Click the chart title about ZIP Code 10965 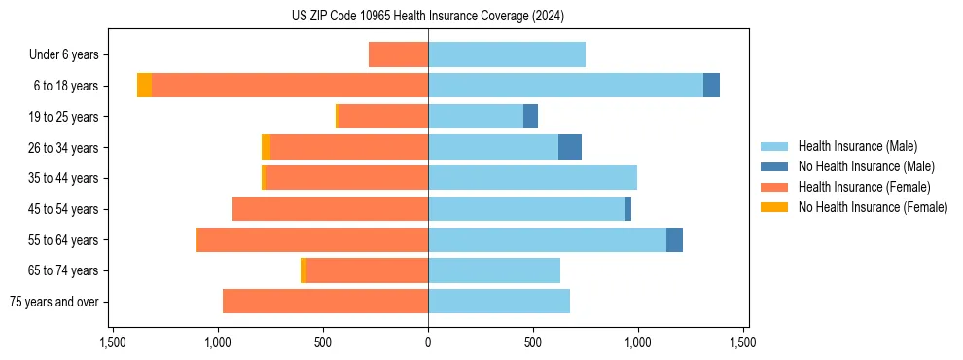(427, 17)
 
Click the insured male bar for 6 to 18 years (564, 86)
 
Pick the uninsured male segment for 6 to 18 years (711, 86)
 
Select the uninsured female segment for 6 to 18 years (144, 86)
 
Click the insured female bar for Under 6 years (398, 55)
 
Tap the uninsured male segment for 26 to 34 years (570, 148)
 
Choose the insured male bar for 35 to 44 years (532, 178)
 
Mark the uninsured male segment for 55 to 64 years (674, 240)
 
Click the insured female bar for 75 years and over (325, 302)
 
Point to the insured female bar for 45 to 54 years (330, 209)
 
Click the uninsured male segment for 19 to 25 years (530, 117)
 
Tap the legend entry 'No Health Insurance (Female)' (873, 207)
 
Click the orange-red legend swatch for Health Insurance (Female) (774, 187)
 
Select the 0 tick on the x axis (428, 342)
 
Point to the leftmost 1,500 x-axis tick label (112, 342)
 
